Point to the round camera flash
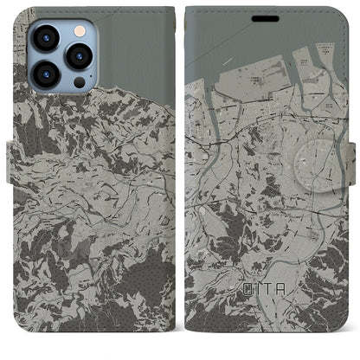coord(79,31)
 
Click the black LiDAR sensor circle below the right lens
coord(80,82)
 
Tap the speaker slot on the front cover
coord(265,18)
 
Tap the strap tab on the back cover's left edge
coord(12,160)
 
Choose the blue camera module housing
coord(60,56)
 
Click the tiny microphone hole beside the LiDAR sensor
coord(67,86)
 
